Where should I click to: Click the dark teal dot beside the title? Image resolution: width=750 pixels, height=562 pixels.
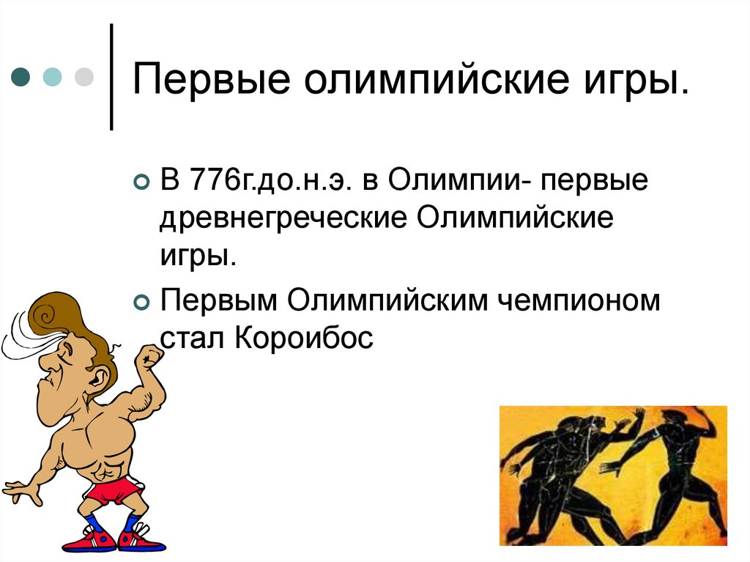click(x=21, y=77)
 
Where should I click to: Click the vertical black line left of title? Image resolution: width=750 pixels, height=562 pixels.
click(x=111, y=77)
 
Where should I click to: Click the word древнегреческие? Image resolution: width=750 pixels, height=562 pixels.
click(x=281, y=220)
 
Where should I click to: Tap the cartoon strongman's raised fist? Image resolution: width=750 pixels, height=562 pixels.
click(x=151, y=358)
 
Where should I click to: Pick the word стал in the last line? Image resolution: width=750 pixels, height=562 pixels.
click(x=193, y=338)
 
